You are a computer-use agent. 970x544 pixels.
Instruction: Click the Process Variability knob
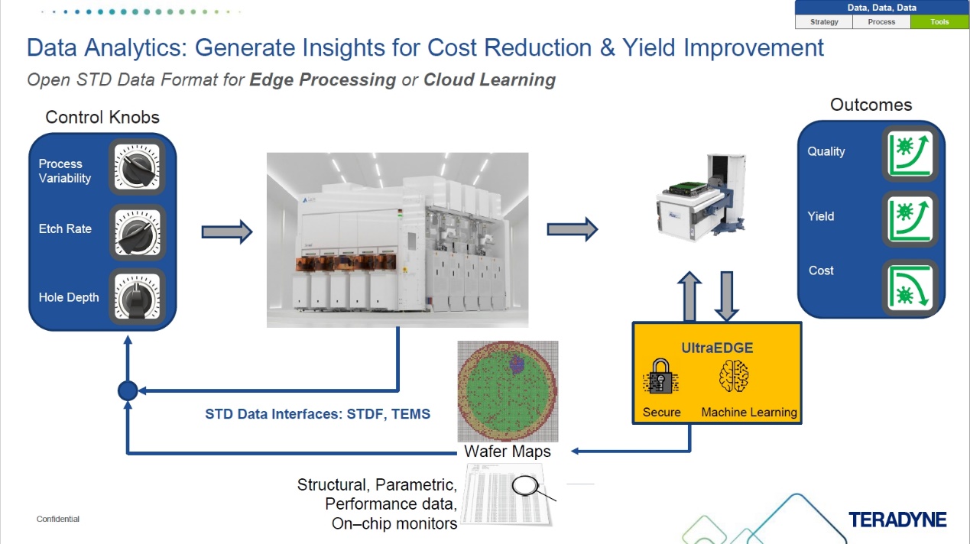click(138, 166)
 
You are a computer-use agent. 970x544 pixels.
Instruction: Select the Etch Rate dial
click(138, 232)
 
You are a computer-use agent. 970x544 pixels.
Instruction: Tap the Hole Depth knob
click(138, 297)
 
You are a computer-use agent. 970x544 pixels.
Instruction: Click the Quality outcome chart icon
click(910, 152)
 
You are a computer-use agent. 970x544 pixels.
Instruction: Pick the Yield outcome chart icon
click(910, 219)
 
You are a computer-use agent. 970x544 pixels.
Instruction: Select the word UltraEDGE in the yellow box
click(717, 348)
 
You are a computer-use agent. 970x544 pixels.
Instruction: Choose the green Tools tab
click(939, 22)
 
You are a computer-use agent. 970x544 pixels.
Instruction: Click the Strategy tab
click(824, 22)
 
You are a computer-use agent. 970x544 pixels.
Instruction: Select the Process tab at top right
click(881, 22)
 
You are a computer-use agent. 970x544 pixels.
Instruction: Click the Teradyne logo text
click(897, 520)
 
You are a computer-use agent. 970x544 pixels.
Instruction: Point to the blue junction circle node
click(127, 391)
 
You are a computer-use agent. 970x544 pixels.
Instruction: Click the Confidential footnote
click(58, 520)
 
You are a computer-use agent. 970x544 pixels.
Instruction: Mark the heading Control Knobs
click(102, 117)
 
